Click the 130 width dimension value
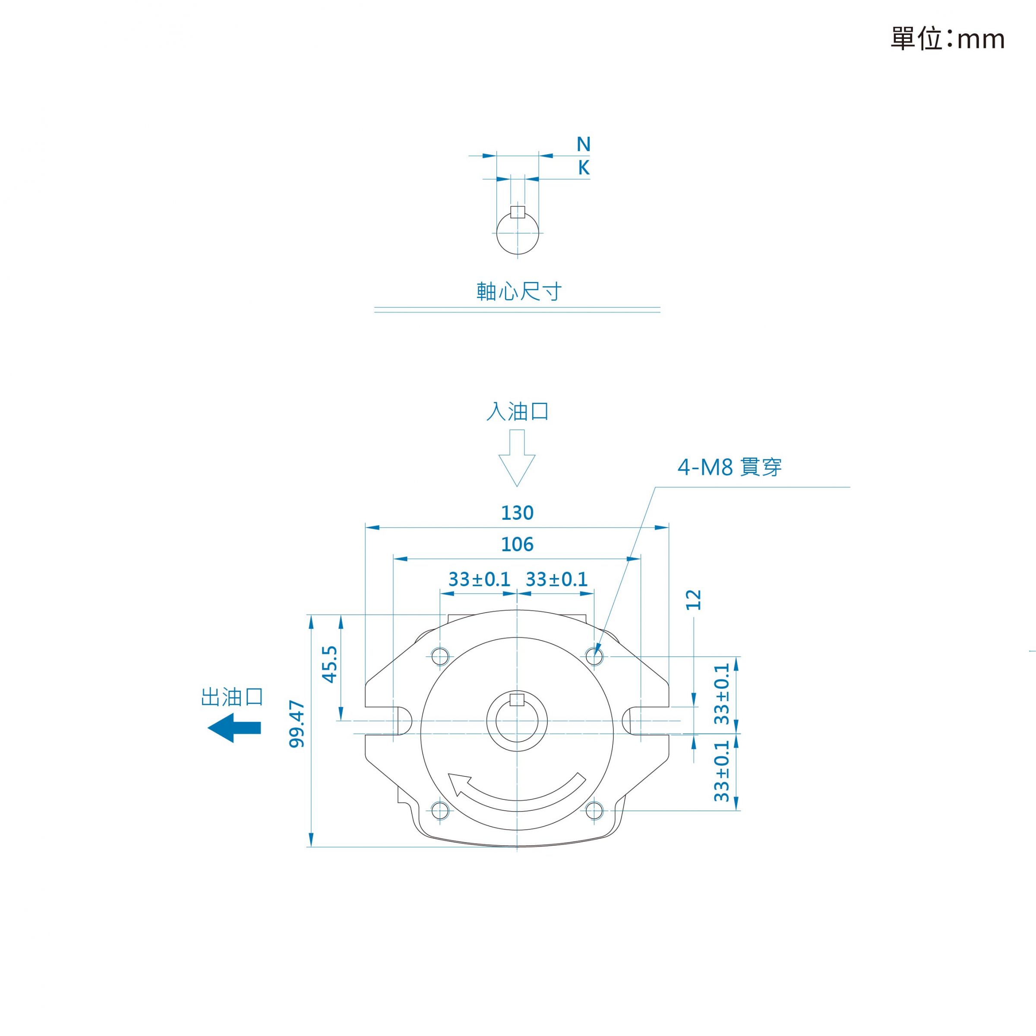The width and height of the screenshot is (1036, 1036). point(517,513)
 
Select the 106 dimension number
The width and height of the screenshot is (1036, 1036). point(517,545)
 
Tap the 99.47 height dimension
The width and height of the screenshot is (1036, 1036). point(297,724)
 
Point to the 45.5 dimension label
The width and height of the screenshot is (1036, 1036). point(329,664)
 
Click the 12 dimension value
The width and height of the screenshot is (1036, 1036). point(693,600)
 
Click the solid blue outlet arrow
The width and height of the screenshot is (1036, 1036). point(234,728)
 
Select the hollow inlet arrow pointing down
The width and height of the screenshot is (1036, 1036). point(517,458)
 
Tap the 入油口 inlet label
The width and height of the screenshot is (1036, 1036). point(518,411)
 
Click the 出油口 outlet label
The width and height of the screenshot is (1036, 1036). point(232,697)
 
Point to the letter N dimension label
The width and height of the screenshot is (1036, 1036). point(584,144)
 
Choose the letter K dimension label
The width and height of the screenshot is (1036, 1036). point(584,168)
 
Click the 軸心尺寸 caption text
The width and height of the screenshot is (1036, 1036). point(519,291)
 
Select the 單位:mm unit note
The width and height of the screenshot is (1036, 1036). point(948,38)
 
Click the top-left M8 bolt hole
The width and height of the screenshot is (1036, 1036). point(440,656)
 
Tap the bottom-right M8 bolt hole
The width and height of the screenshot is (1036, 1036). point(594,810)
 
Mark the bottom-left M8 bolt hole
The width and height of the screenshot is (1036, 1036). point(440,810)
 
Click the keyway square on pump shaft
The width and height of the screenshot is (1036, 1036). point(517,699)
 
